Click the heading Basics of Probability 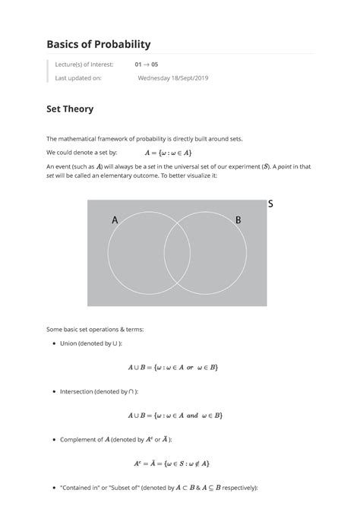[98, 45]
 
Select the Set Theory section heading [70, 109]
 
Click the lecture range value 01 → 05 [147, 65]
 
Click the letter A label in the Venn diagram [115, 220]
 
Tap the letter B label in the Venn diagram [238, 220]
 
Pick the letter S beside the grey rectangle [270, 204]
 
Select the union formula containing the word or [174, 368]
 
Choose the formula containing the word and [175, 416]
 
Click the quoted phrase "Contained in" [79, 487]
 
